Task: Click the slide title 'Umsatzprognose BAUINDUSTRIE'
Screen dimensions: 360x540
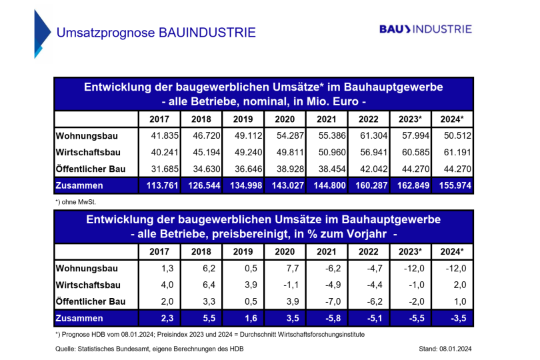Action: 155,32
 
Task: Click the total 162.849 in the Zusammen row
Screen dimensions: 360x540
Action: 413,186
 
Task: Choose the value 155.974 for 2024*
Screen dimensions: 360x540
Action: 455,186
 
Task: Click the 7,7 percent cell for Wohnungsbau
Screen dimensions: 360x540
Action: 285,269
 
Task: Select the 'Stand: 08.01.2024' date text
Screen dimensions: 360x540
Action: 446,349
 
